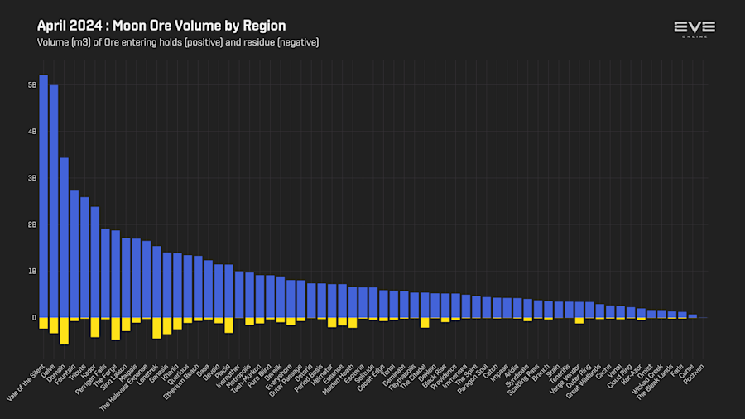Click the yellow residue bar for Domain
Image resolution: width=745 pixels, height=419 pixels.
coord(64,330)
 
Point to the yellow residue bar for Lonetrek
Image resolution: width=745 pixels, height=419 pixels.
coord(156,328)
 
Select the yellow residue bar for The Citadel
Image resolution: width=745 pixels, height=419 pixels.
coord(425,323)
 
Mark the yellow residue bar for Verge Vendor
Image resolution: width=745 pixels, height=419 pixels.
coord(579,320)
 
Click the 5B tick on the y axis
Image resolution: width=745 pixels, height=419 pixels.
coord(32,84)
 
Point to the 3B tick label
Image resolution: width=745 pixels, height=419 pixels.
coord(32,178)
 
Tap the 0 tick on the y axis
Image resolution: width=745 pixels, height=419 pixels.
coord(34,318)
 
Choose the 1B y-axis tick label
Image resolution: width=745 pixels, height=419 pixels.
coord(32,271)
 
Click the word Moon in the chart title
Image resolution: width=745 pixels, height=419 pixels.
coord(128,26)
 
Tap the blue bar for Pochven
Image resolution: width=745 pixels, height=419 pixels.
coord(693,316)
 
